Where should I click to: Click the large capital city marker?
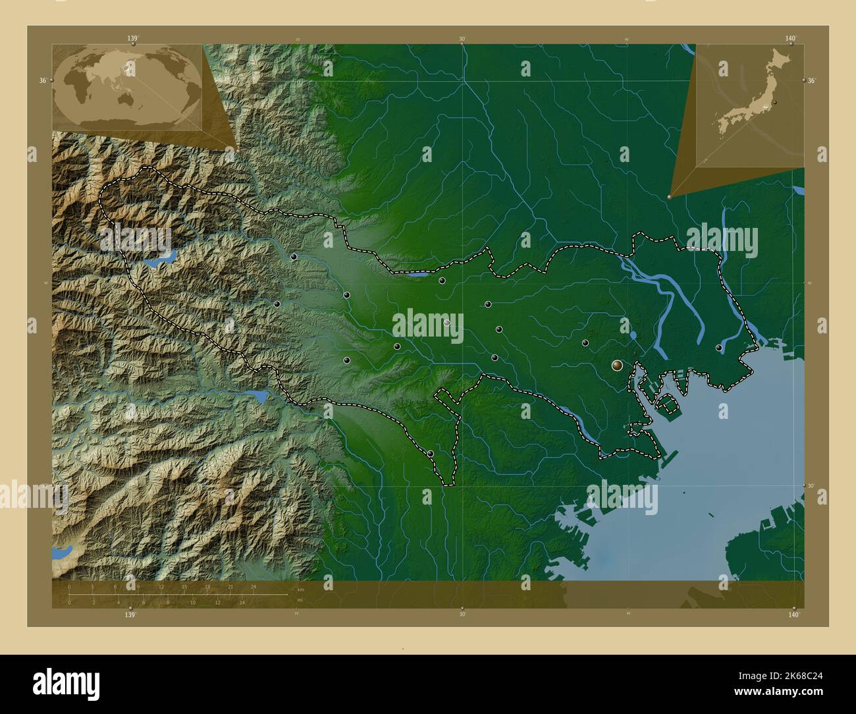click(x=617, y=364)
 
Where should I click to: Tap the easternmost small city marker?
click(x=719, y=348)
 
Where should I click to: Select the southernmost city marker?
click(x=430, y=453)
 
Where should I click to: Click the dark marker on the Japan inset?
click(x=775, y=103)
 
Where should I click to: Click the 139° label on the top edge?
click(x=133, y=39)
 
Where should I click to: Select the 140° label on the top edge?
click(x=791, y=39)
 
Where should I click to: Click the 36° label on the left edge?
click(x=42, y=80)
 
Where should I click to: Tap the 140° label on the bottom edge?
click(x=793, y=614)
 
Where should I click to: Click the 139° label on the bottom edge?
click(x=130, y=614)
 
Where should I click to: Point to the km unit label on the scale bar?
click(x=300, y=589)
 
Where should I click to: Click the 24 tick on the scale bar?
click(x=253, y=586)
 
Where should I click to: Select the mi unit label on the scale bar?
click(x=300, y=600)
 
